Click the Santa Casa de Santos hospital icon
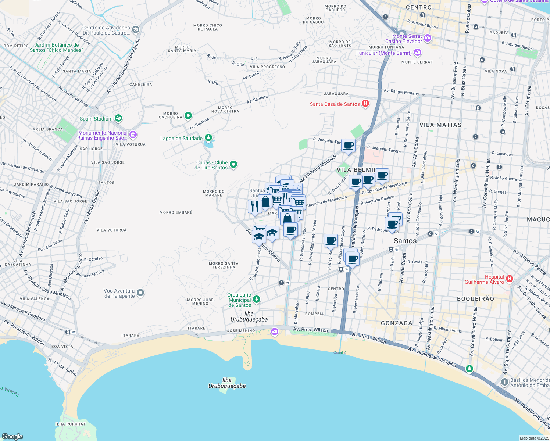click(x=365, y=104)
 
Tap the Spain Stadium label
click(x=96, y=119)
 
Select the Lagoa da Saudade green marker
click(x=208, y=138)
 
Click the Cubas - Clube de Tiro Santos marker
click(x=233, y=165)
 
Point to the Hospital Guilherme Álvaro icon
click(x=509, y=279)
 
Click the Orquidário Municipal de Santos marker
click(x=257, y=300)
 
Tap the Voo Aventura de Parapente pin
click(x=140, y=293)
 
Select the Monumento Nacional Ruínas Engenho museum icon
click(x=133, y=135)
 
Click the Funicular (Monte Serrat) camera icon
click(x=417, y=53)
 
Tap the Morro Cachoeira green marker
click(x=188, y=116)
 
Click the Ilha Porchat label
click(x=70, y=424)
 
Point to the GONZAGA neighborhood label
click(x=396, y=323)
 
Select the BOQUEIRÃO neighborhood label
click(x=475, y=299)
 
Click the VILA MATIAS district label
click(x=440, y=125)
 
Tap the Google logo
click(x=12, y=436)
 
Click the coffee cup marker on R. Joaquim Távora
click(x=348, y=145)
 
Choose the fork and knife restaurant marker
click(x=254, y=206)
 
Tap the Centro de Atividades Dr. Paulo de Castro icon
click(x=135, y=30)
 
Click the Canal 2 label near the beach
click(x=339, y=352)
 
